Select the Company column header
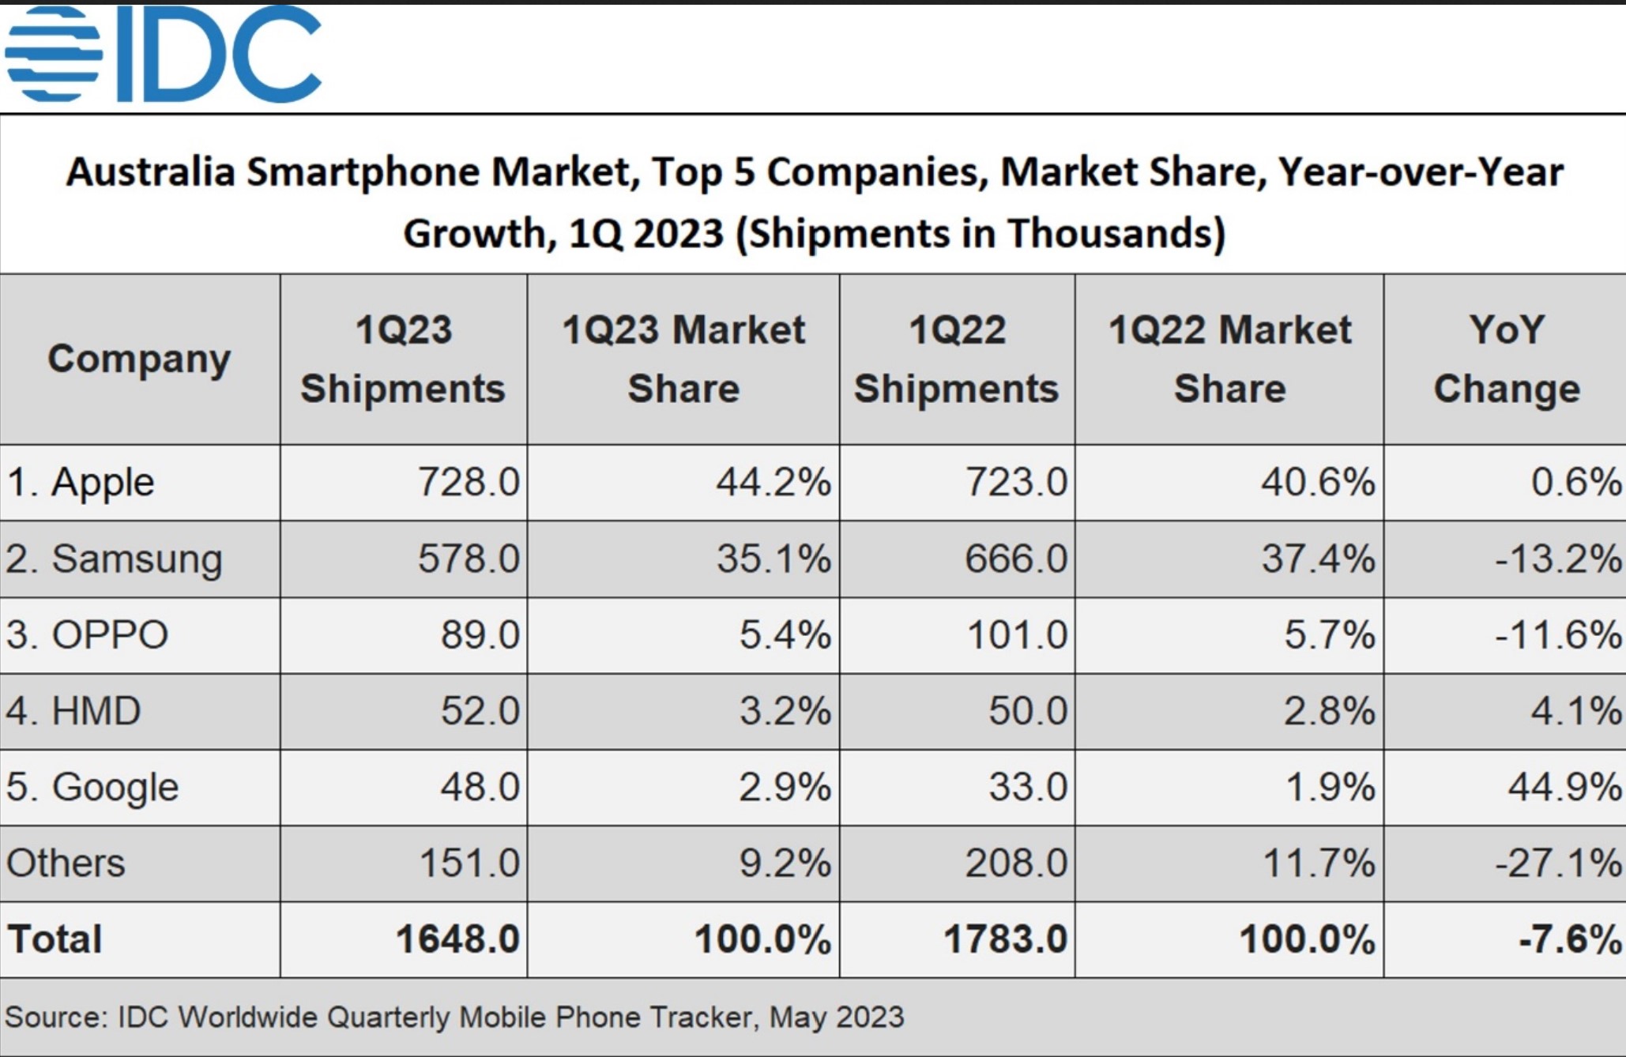pyautogui.click(x=139, y=359)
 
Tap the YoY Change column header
pyautogui.click(x=1506, y=359)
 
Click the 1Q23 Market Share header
pyautogui.click(x=683, y=359)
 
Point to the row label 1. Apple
pyautogui.click(x=81, y=482)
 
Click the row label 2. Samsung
pyautogui.click(x=115, y=559)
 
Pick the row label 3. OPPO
pyautogui.click(x=88, y=635)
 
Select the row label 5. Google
pyautogui.click(x=93, y=788)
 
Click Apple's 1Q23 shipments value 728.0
pyautogui.click(x=469, y=482)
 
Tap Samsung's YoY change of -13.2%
pyautogui.click(x=1557, y=559)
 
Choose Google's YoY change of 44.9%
pyautogui.click(x=1564, y=788)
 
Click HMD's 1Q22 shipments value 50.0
pyautogui.click(x=1027, y=711)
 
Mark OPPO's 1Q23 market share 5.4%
pyautogui.click(x=785, y=635)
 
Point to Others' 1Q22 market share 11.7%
pyautogui.click(x=1319, y=863)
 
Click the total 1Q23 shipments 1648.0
pyautogui.click(x=457, y=939)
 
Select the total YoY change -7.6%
pyautogui.click(x=1570, y=939)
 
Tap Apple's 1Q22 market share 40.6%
pyautogui.click(x=1318, y=482)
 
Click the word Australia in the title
pyautogui.click(x=150, y=172)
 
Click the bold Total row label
pyautogui.click(x=55, y=939)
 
